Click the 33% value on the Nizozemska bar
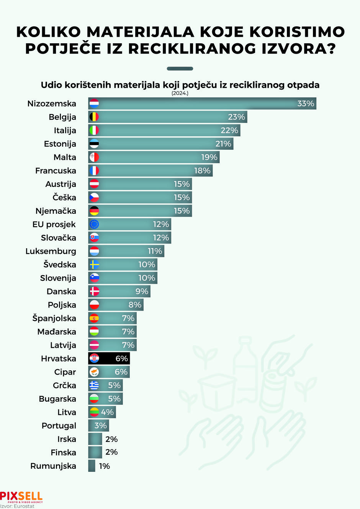pyautogui.click(x=306, y=103)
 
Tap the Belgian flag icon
pyautogui.click(x=94, y=117)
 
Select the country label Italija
pyautogui.click(x=65, y=131)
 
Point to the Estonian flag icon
pyautogui.click(x=94, y=144)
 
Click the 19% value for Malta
pyautogui.click(x=209, y=157)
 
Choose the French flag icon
pyautogui.click(x=94, y=170)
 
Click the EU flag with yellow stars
pyautogui.click(x=94, y=224)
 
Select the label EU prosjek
pyautogui.click(x=54, y=224)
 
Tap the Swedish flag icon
pyautogui.click(x=94, y=264)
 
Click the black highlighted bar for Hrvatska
pyautogui.click(x=109, y=358)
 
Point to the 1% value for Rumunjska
pyautogui.click(x=104, y=466)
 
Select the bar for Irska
pyautogui.click(x=95, y=439)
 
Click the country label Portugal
pyautogui.click(x=59, y=426)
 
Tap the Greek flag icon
pyautogui.click(x=94, y=385)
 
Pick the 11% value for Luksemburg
pyautogui.click(x=155, y=251)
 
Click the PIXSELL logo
pyautogui.click(x=21, y=497)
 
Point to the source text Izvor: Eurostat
pyautogui.click(x=17, y=506)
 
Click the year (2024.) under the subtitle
pyautogui.click(x=180, y=93)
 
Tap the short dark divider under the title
pyautogui.click(x=180, y=69)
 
